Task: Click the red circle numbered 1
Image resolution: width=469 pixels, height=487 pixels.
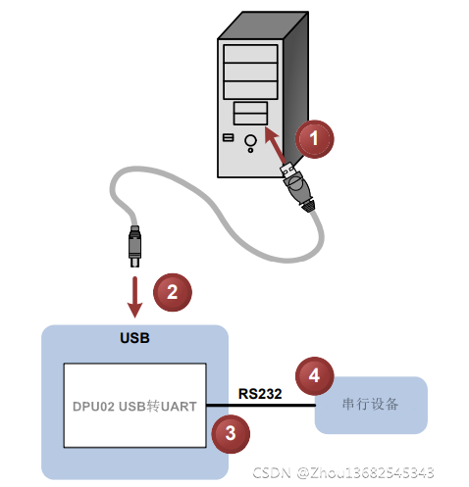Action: tap(315, 139)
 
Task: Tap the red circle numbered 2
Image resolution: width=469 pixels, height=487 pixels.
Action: tap(173, 291)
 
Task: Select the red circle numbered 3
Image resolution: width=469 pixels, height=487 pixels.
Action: tap(230, 432)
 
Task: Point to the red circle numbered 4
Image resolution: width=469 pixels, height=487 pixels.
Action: tap(314, 375)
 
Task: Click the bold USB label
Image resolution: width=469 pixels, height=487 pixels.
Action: tap(133, 339)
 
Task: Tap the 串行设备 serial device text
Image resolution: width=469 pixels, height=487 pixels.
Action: tap(371, 406)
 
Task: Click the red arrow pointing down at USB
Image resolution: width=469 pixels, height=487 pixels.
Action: tap(134, 295)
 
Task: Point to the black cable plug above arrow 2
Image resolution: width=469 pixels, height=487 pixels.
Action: tap(134, 246)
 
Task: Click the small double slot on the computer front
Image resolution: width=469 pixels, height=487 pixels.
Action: tap(249, 111)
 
